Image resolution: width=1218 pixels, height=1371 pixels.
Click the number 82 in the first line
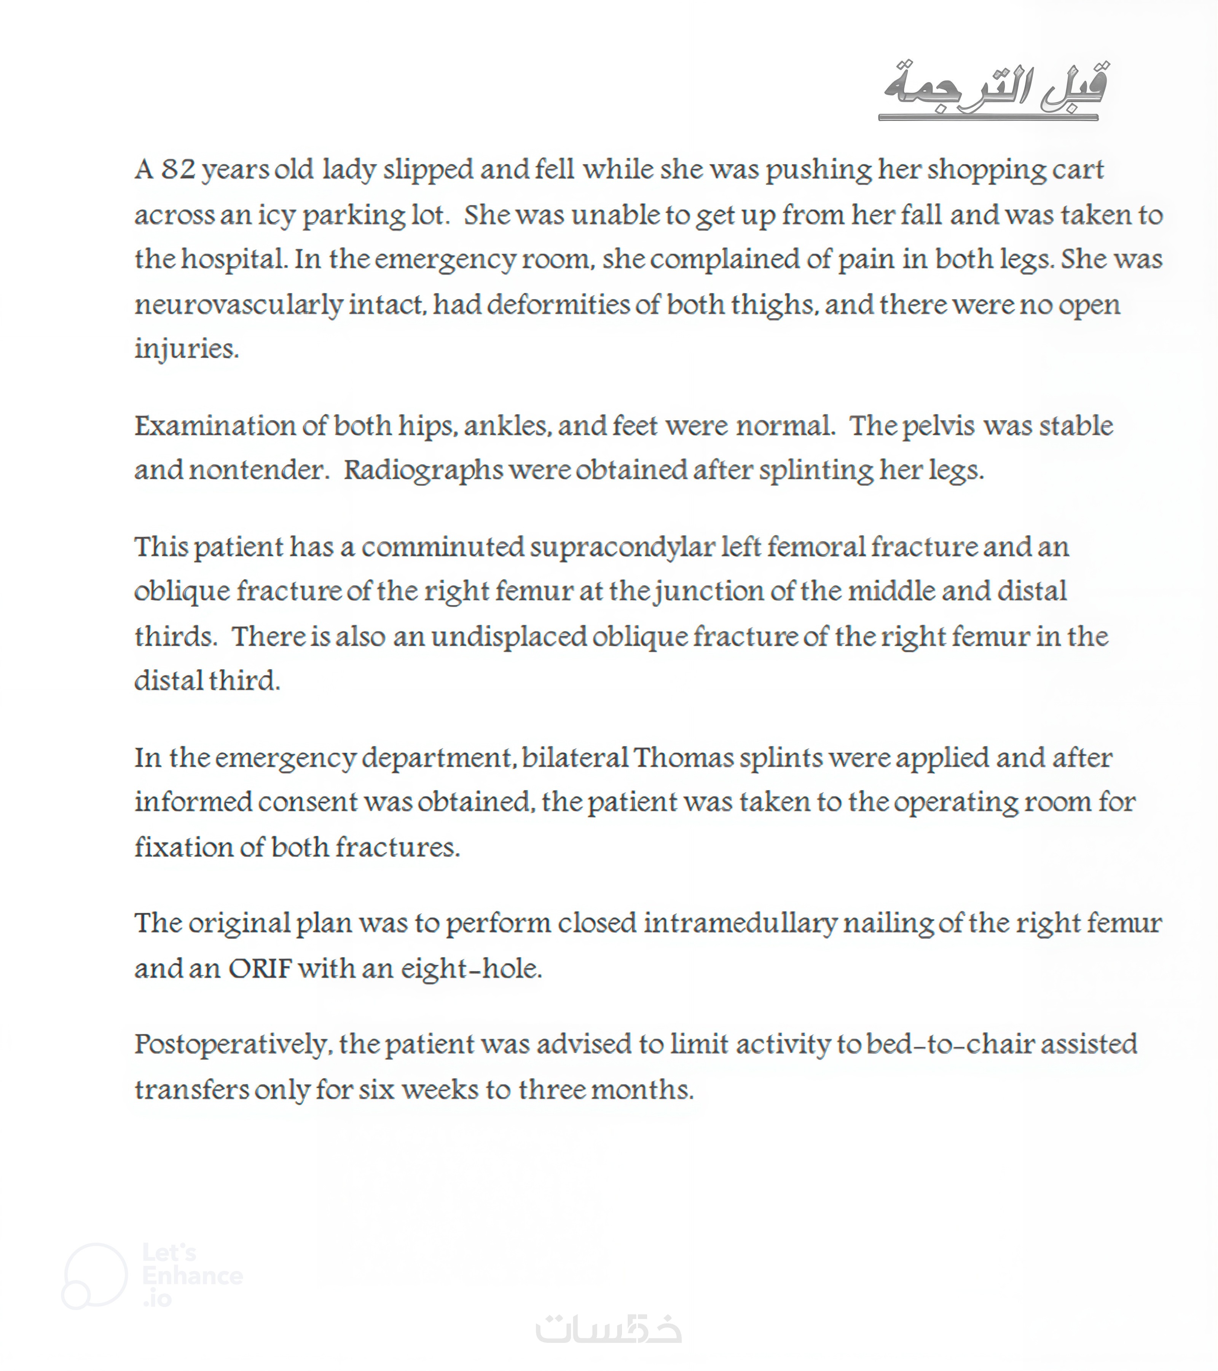pyautogui.click(x=178, y=170)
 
